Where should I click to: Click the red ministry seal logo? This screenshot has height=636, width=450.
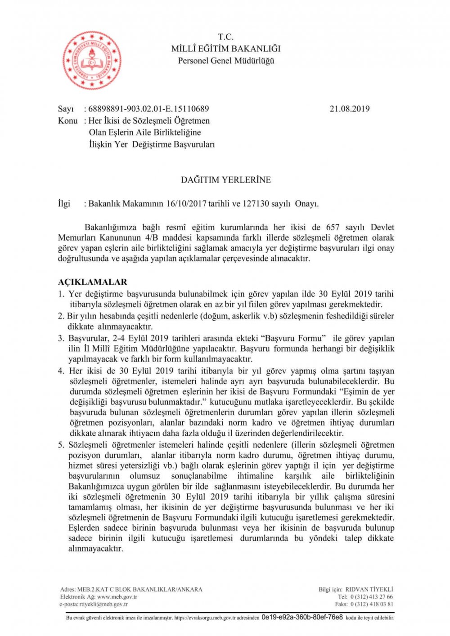92,61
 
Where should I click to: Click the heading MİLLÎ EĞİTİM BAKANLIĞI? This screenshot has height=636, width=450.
226,49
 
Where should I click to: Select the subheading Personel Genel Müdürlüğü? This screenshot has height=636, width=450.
226,61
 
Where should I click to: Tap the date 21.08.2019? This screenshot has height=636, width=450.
350,108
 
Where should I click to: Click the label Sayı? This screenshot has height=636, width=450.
65,108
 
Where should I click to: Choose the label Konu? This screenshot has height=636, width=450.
67,121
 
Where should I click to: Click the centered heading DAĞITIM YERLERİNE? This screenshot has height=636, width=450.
226,180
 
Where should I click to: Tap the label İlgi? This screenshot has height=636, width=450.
64,203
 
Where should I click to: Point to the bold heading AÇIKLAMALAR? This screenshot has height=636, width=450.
92,282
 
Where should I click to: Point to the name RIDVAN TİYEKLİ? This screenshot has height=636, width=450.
369,589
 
